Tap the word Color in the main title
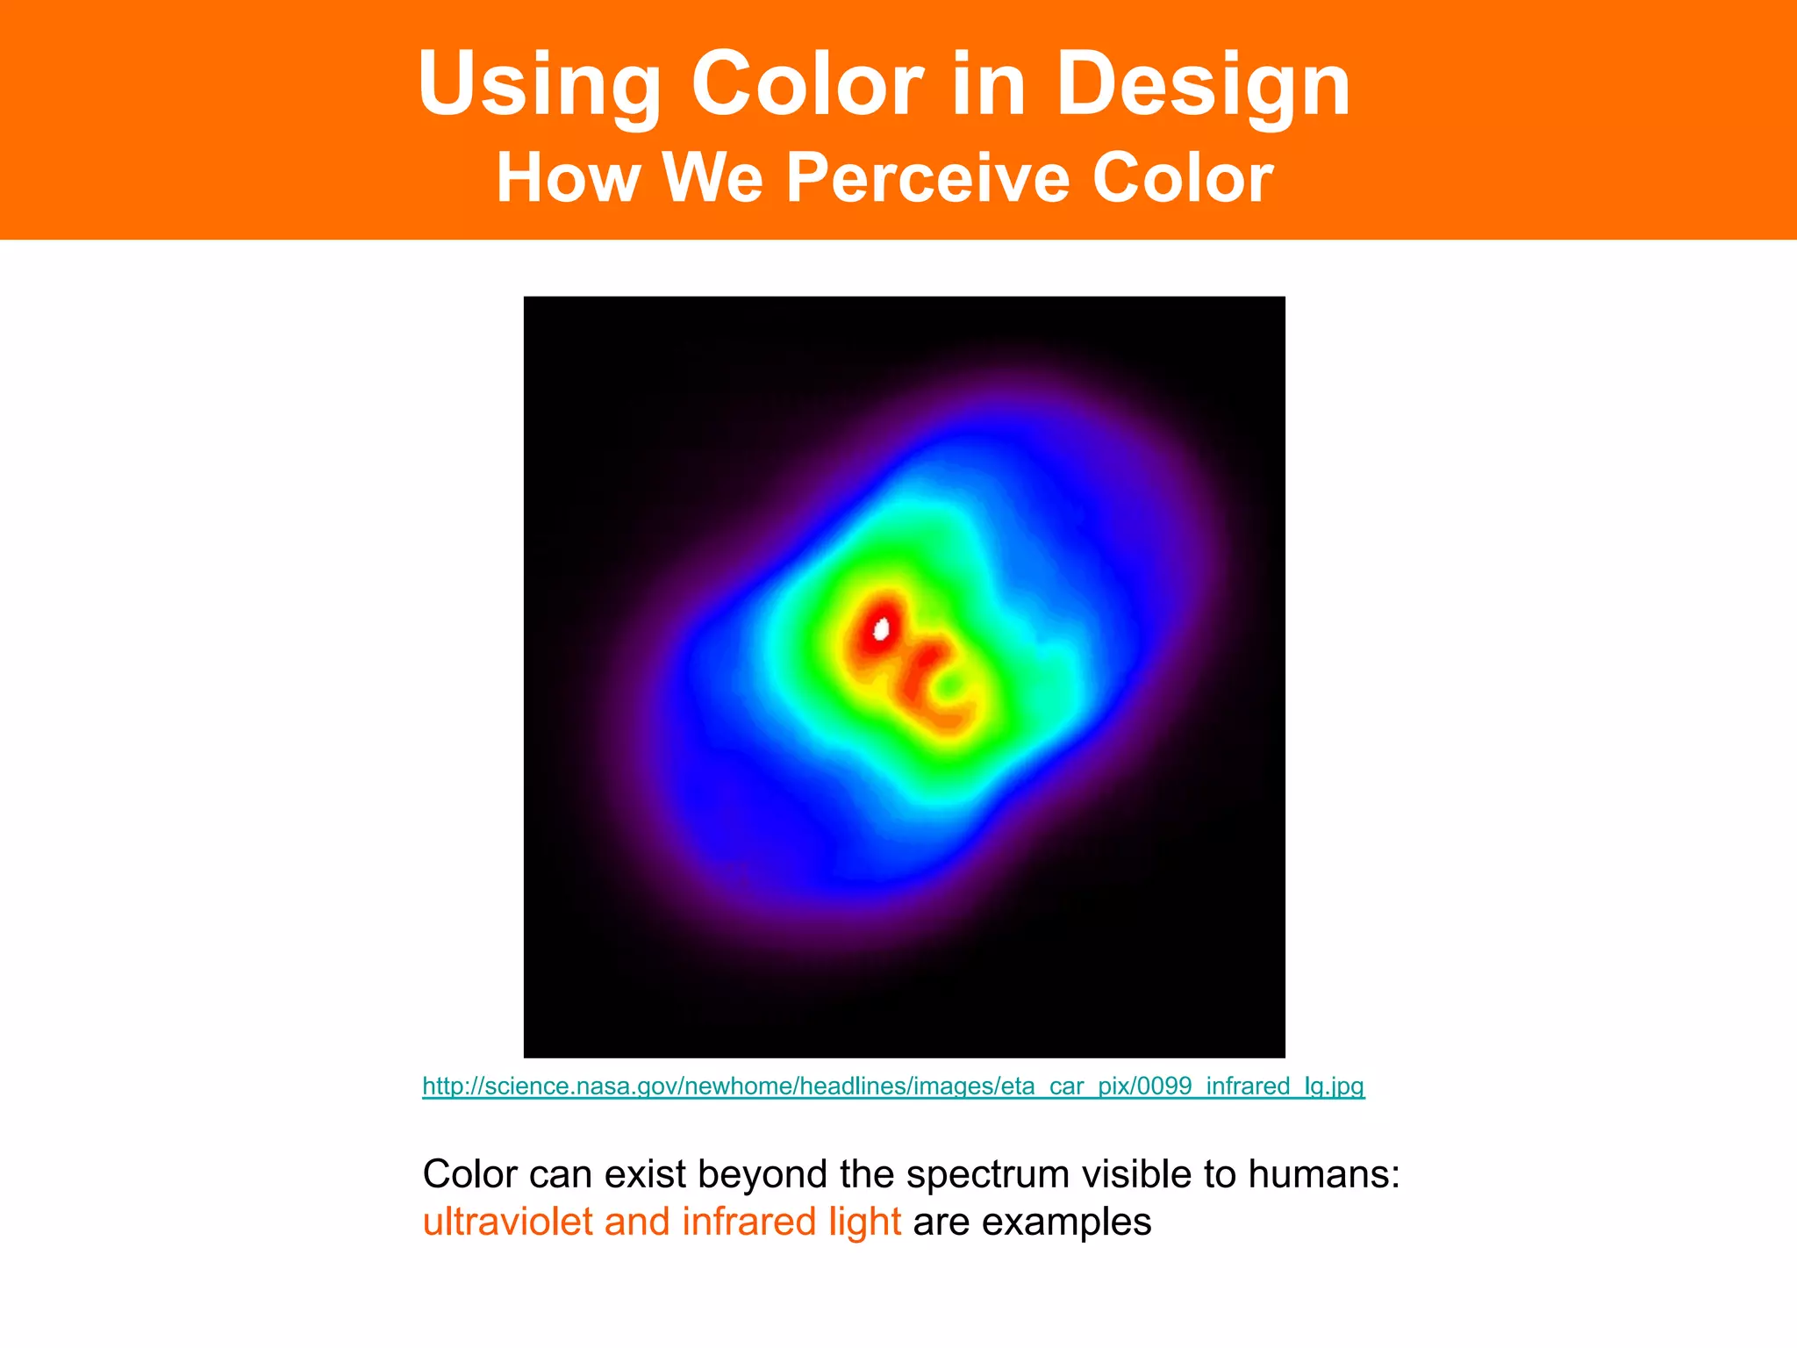(x=807, y=84)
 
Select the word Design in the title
(x=1203, y=86)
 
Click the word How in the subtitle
(x=568, y=178)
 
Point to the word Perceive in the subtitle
(x=927, y=178)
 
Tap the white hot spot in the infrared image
(x=881, y=628)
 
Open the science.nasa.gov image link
(x=893, y=1086)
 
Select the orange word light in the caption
(x=864, y=1222)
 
